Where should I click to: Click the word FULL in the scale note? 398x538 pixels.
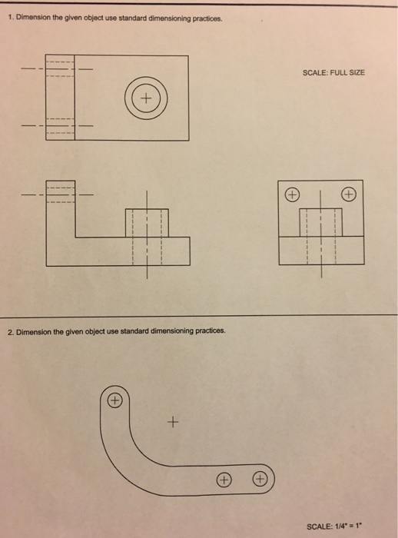[x=334, y=72]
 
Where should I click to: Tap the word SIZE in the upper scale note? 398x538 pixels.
[x=353, y=72]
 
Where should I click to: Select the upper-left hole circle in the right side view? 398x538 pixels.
[x=293, y=194]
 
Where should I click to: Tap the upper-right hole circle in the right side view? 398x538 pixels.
[x=349, y=194]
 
